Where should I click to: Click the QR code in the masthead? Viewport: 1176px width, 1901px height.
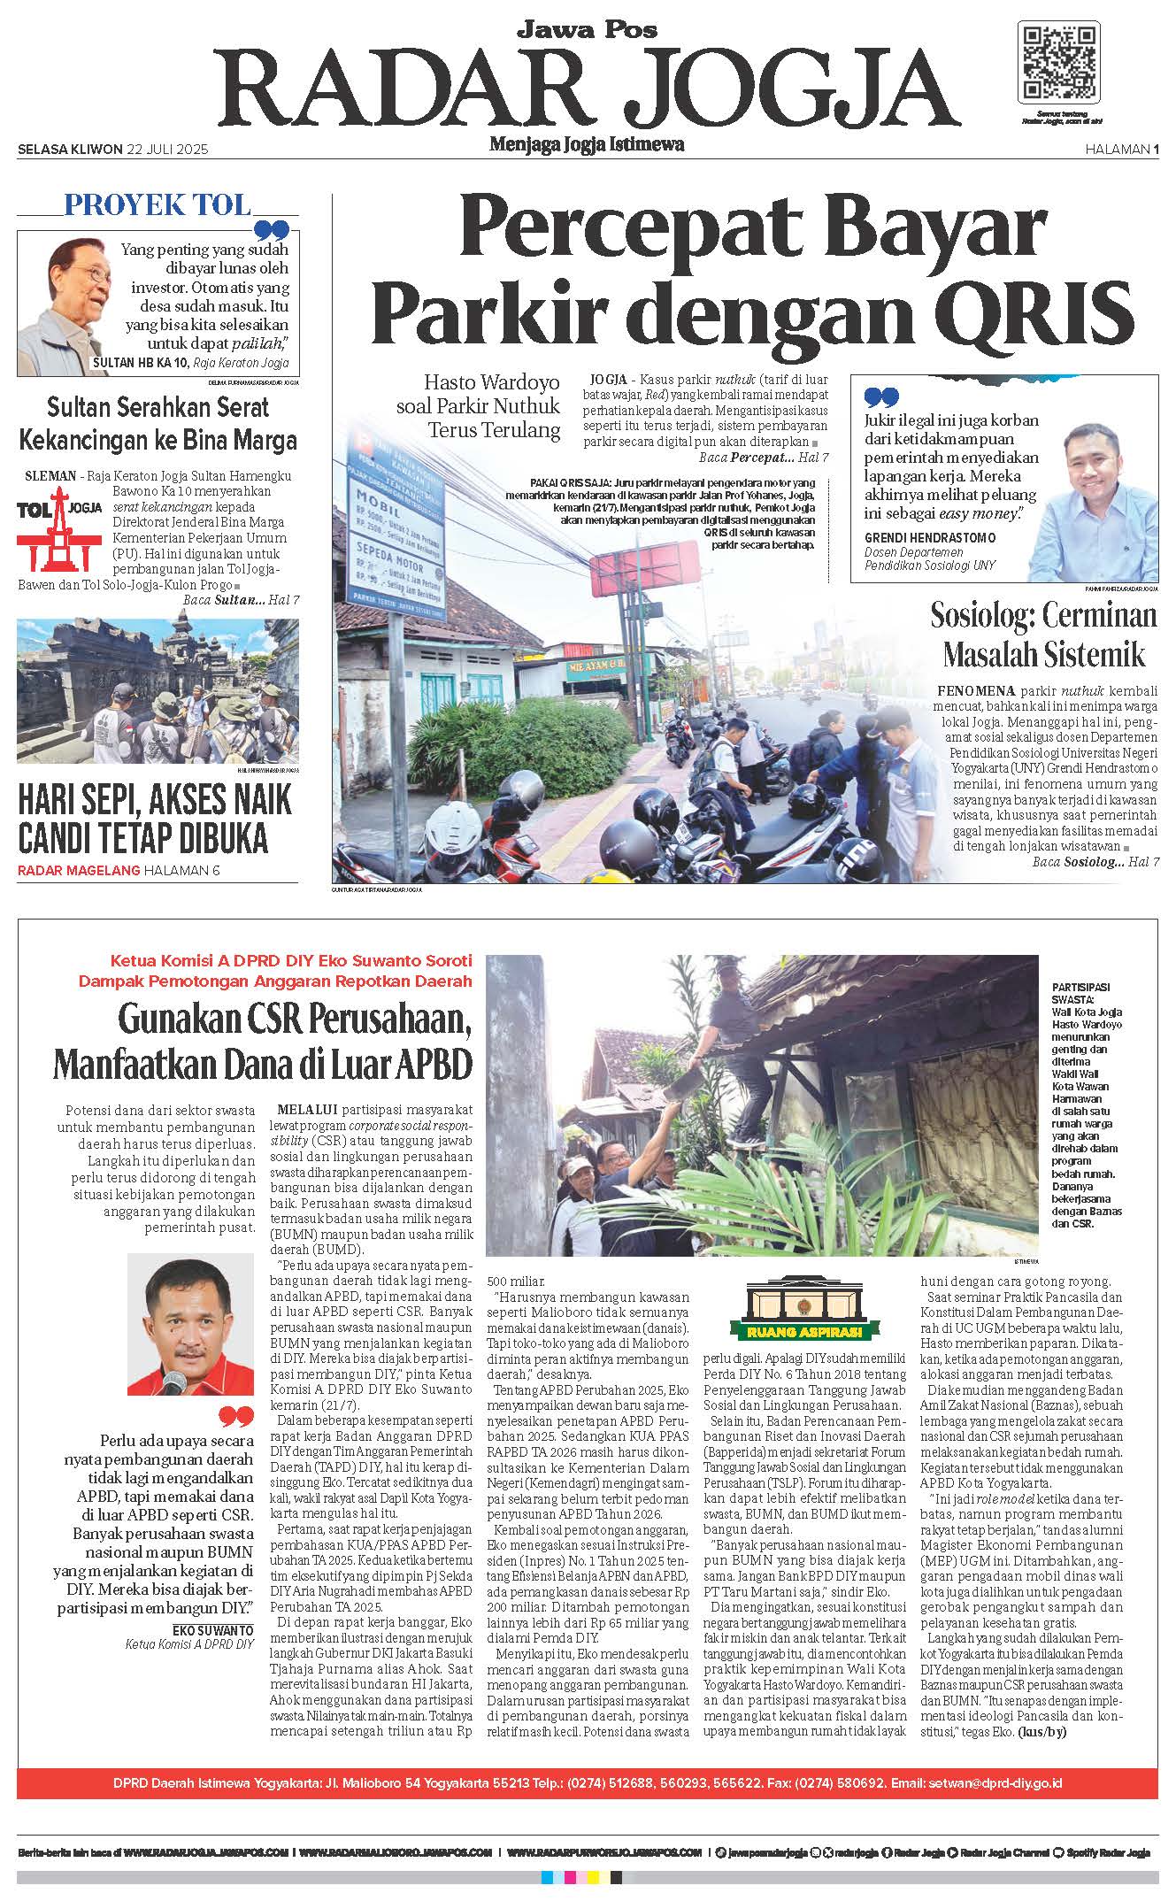pyautogui.click(x=1061, y=65)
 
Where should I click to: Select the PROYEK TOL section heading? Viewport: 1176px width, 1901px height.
pyautogui.click(x=157, y=206)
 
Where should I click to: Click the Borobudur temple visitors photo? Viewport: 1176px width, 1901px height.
pyautogui.click(x=158, y=689)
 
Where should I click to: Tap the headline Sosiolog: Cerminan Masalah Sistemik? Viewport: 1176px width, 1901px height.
pyautogui.click(x=1043, y=635)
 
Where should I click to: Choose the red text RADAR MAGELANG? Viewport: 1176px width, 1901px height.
pyautogui.click(x=79, y=870)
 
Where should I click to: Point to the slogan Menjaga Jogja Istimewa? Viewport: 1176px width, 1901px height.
pyautogui.click(x=587, y=144)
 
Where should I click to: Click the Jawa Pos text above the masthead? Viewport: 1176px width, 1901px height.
pyautogui.click(x=587, y=30)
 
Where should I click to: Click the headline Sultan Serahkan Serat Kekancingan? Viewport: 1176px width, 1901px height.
pyautogui.click(x=158, y=424)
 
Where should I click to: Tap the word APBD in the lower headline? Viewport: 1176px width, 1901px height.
pyautogui.click(x=430, y=1062)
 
